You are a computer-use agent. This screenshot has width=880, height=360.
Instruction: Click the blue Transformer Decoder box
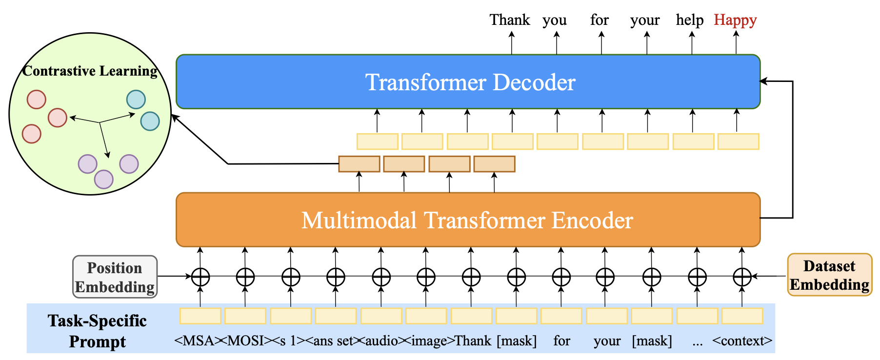pyautogui.click(x=468, y=82)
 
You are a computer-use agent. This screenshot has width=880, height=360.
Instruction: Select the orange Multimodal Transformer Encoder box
pyautogui.click(x=468, y=220)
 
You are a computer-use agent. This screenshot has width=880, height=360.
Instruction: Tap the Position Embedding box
pyautogui.click(x=115, y=277)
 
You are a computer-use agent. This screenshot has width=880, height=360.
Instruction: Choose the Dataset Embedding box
pyautogui.click(x=829, y=275)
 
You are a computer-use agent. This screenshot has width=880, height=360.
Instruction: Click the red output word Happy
pyautogui.click(x=735, y=20)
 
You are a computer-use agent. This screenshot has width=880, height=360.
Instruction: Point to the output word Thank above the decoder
pyautogui.click(x=510, y=20)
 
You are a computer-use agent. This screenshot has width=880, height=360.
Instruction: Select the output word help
pyautogui.click(x=690, y=20)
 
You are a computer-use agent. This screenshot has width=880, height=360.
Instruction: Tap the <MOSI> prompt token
pyautogui.click(x=246, y=340)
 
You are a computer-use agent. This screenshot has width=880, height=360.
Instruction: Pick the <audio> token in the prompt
pyautogui.click(x=382, y=340)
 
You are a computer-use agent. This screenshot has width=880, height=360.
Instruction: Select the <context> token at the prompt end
pyautogui.click(x=742, y=340)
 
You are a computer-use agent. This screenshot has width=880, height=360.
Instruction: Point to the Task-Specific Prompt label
pyautogui.click(x=97, y=331)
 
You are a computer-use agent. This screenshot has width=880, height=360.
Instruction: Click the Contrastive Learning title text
pyautogui.click(x=90, y=71)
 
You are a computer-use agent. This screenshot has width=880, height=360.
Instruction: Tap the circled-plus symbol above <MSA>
pyautogui.click(x=200, y=277)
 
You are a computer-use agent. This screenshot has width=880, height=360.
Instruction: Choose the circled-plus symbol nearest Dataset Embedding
pyautogui.click(x=742, y=277)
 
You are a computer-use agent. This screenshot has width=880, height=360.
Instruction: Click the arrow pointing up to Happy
pyautogui.click(x=736, y=42)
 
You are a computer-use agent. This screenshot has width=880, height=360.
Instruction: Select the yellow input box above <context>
pyautogui.click(x=742, y=316)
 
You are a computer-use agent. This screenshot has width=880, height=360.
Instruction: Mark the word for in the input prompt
pyautogui.click(x=561, y=340)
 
